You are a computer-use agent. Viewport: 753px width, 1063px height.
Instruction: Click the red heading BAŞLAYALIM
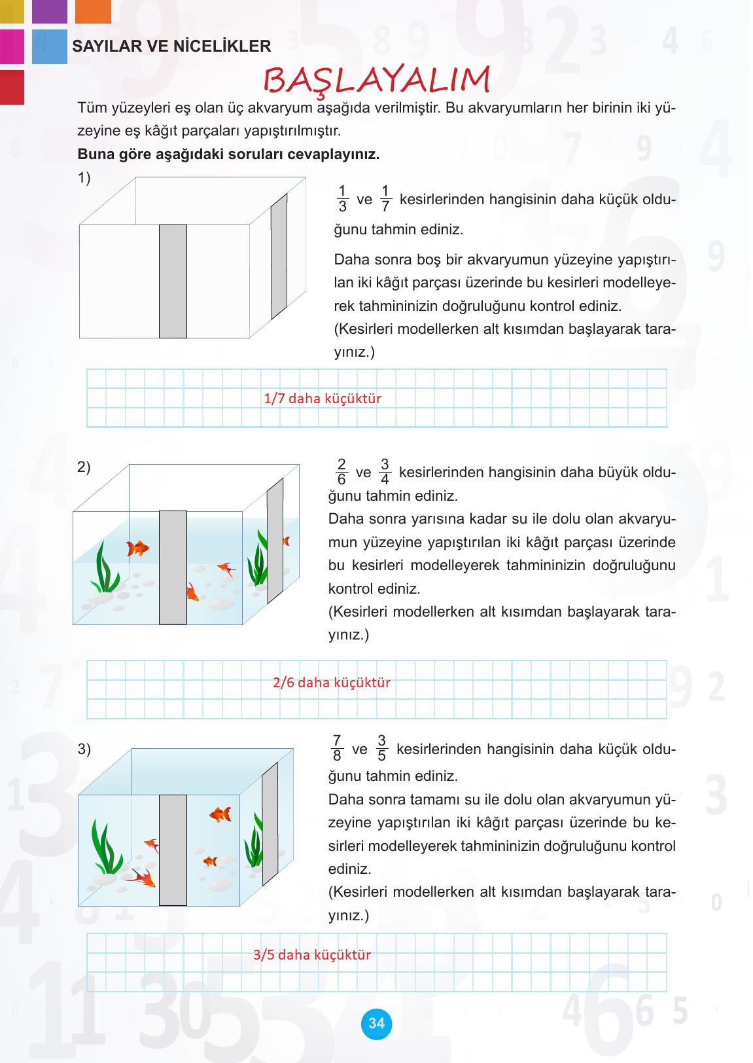(376, 80)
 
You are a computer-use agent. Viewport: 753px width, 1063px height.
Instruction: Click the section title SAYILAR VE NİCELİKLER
(171, 46)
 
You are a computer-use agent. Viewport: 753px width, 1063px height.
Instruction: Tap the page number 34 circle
(376, 1023)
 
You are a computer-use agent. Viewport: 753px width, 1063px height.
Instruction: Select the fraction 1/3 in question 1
(342, 199)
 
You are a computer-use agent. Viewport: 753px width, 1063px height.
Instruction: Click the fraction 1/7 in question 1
(385, 199)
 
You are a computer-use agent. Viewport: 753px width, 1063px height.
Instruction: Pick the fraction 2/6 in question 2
(341, 472)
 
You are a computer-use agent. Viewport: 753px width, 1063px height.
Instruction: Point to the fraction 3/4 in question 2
(385, 472)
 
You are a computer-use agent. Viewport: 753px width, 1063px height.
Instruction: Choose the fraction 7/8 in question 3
(337, 748)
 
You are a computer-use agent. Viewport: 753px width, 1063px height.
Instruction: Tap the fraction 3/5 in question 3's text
(382, 748)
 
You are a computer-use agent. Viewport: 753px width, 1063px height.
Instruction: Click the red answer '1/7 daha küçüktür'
(323, 398)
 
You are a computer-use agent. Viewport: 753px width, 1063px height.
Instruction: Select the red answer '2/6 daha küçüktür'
(332, 682)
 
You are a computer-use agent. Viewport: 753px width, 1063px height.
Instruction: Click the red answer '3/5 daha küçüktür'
(312, 954)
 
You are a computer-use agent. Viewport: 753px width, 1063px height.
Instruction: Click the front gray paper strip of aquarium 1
(173, 281)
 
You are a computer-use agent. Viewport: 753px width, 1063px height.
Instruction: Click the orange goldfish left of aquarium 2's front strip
(138, 547)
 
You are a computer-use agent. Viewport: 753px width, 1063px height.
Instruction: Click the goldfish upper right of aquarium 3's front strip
(220, 814)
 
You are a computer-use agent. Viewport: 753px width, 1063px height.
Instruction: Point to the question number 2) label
(84, 467)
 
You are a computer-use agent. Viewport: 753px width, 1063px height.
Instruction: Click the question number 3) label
(84, 749)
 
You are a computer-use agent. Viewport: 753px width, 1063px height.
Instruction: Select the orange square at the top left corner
(93, 11)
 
